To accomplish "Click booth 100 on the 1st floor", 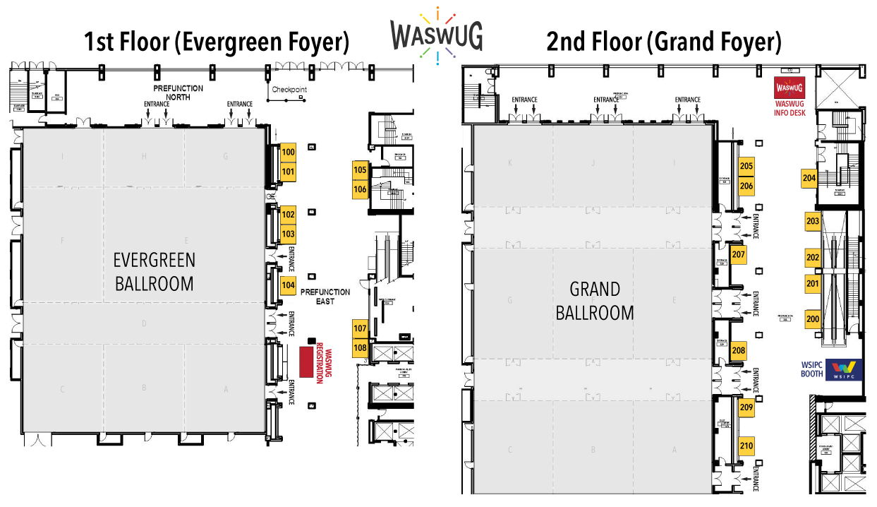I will [x=288, y=152].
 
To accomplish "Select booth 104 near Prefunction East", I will [x=288, y=285].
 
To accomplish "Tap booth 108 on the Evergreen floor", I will [x=360, y=347].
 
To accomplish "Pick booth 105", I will [x=360, y=170].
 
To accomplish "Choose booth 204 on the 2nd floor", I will [x=809, y=178].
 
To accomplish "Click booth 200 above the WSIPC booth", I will [x=813, y=319].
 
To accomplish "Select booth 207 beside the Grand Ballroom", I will [x=738, y=254].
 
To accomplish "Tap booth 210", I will [x=746, y=446].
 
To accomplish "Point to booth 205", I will [x=746, y=166].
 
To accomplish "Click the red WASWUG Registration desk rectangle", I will [x=307, y=362].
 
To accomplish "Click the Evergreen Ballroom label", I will [x=155, y=272].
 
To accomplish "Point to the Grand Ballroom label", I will [x=595, y=301].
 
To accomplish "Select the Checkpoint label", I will [x=290, y=90].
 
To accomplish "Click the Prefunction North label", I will [x=179, y=93].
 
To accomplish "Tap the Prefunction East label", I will [x=325, y=297].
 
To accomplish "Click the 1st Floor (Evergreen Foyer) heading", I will [x=217, y=42].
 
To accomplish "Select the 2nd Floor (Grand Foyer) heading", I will [x=663, y=42].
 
